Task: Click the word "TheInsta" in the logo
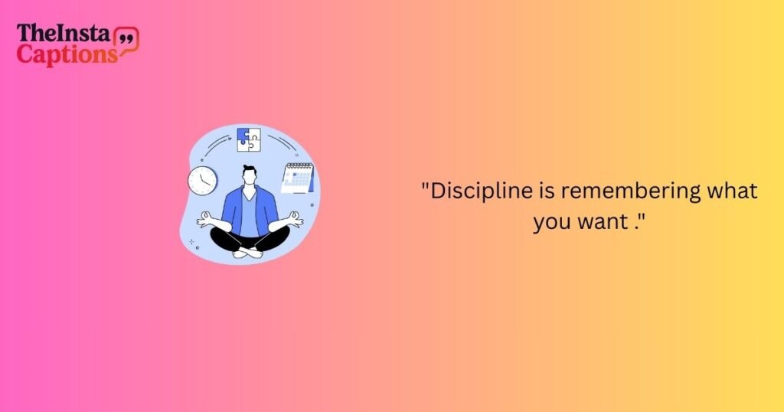(64, 34)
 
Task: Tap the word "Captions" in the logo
(67, 54)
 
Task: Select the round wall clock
(202, 180)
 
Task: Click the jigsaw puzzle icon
(248, 139)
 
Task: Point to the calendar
(298, 178)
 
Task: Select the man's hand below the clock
(204, 220)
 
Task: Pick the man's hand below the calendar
(295, 220)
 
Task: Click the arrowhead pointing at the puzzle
(232, 139)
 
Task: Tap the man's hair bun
(247, 166)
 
